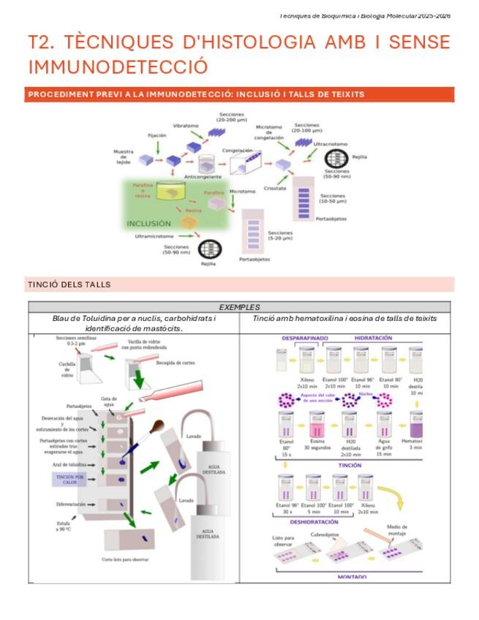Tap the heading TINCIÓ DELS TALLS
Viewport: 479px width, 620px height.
tap(69, 284)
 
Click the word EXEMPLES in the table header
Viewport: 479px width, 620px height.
tap(239, 307)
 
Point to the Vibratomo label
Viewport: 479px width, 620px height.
tap(186, 126)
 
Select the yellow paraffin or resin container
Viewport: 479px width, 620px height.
tap(171, 189)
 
